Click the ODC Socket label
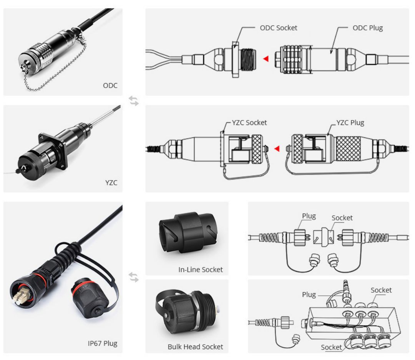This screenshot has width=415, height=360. [279, 28]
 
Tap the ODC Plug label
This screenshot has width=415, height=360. [368, 28]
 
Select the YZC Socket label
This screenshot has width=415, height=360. [249, 123]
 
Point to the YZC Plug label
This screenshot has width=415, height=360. [350, 123]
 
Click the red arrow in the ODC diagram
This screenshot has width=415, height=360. [266, 58]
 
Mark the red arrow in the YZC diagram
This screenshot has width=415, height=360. [277, 148]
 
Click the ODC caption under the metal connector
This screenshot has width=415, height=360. [110, 85]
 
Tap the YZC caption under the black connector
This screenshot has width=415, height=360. [111, 183]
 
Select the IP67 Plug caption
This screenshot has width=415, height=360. [103, 343]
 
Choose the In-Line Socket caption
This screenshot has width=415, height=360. [200, 270]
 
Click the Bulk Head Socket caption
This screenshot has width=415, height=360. [195, 347]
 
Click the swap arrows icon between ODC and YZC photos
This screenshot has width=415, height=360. [134, 101]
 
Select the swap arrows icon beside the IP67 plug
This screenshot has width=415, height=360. [134, 277]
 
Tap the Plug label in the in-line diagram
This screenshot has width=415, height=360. [309, 216]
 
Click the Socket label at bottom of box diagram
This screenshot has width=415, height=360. [331, 347]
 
